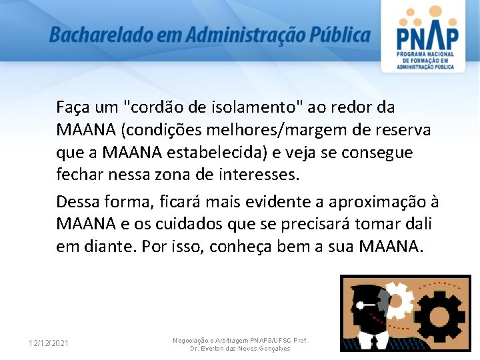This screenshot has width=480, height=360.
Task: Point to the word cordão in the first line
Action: coord(158,107)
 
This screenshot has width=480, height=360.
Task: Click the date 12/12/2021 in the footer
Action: coord(48,343)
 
